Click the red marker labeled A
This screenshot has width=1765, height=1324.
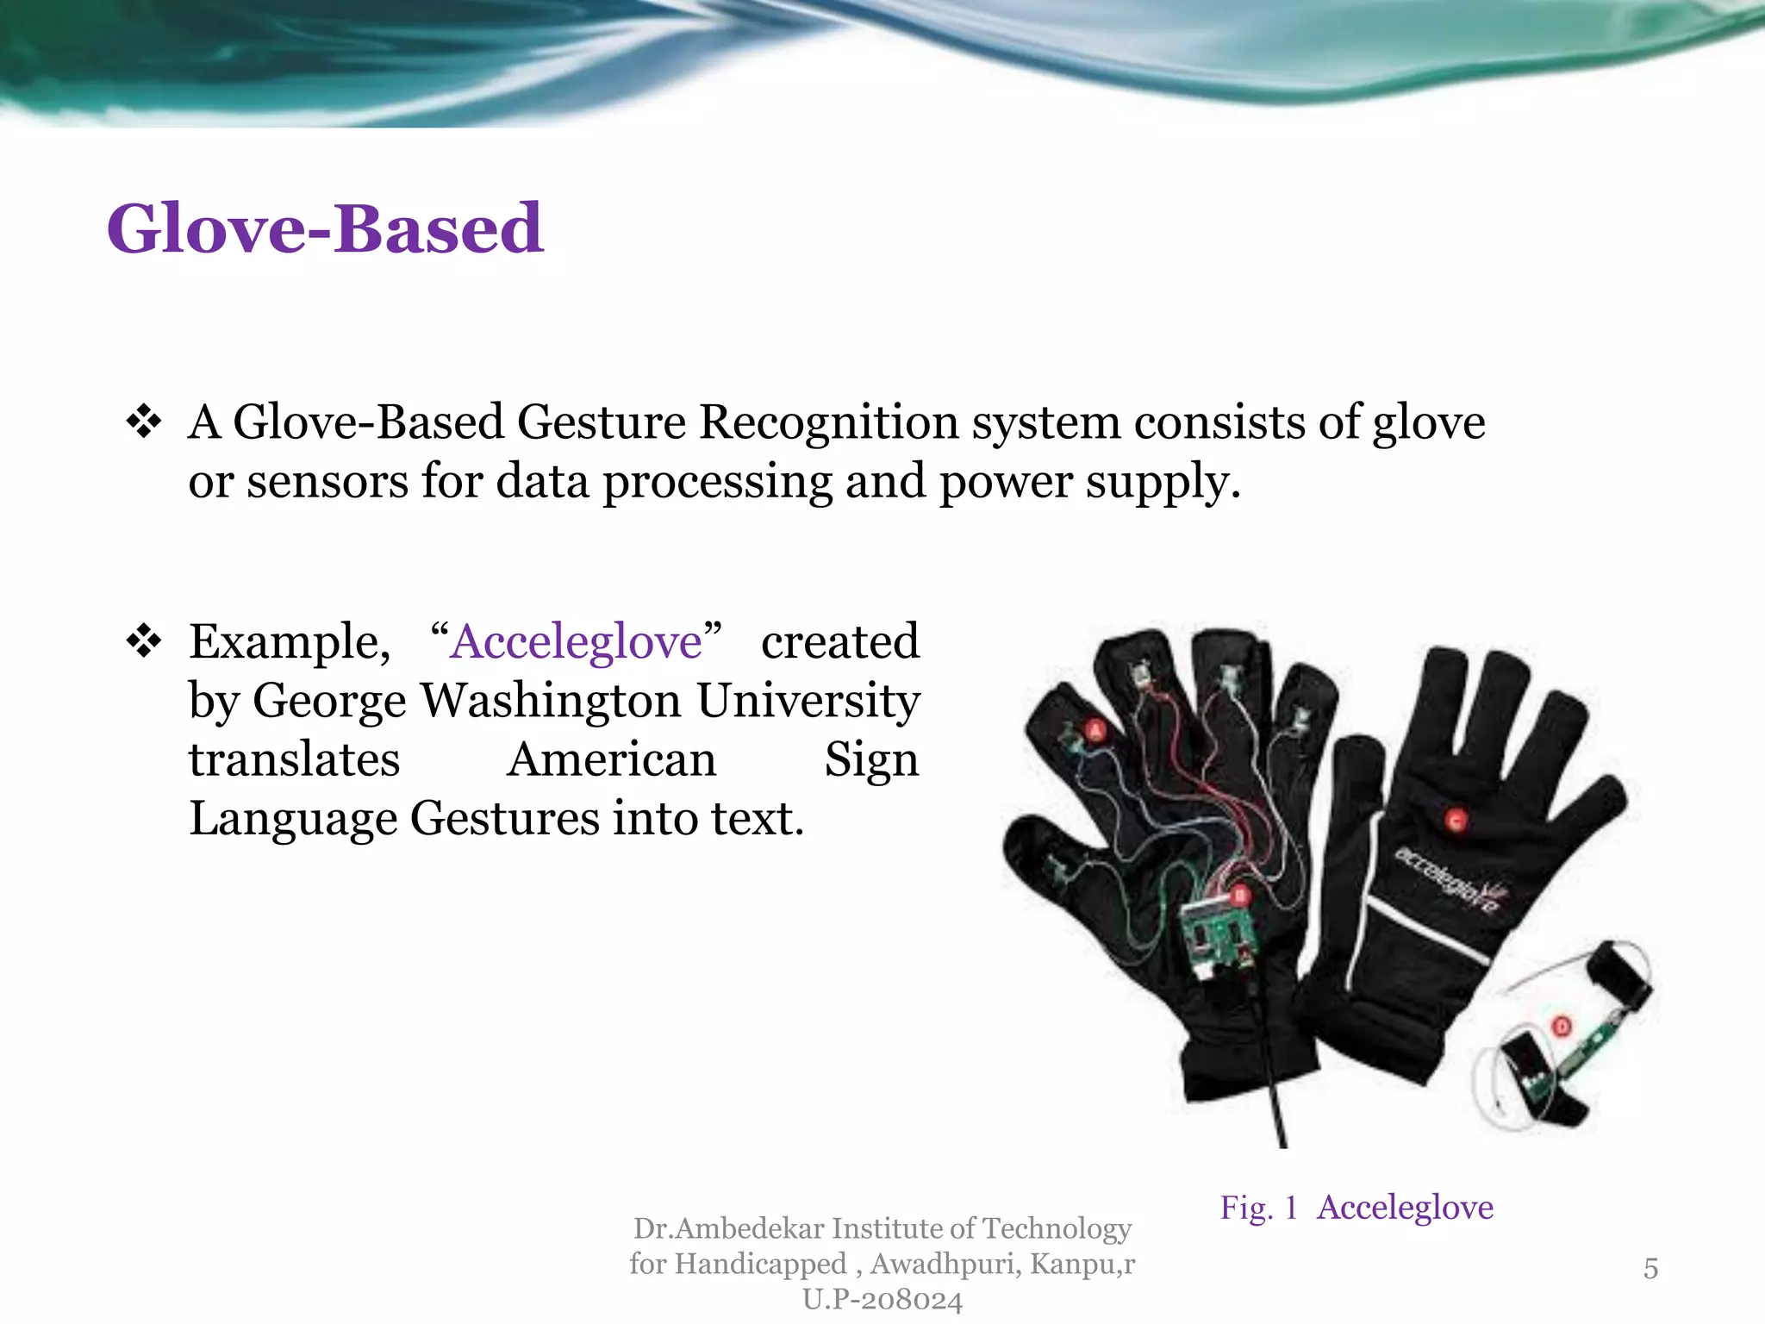(1095, 731)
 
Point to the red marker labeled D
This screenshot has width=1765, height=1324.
(1562, 1027)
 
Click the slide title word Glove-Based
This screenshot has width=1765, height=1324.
(325, 229)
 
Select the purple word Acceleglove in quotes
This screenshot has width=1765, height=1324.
(576, 642)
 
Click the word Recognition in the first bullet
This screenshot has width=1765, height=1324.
(828, 422)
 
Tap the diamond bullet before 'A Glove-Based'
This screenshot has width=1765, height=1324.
(143, 422)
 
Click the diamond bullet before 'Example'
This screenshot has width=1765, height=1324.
(143, 641)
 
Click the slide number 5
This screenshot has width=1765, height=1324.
(1650, 1268)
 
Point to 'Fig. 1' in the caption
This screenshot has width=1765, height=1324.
(1258, 1208)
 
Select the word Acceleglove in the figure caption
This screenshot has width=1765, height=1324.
(1405, 1208)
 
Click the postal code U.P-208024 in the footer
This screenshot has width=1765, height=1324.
(882, 1299)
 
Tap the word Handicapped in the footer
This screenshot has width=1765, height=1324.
(761, 1264)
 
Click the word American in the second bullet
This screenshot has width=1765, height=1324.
(611, 759)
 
